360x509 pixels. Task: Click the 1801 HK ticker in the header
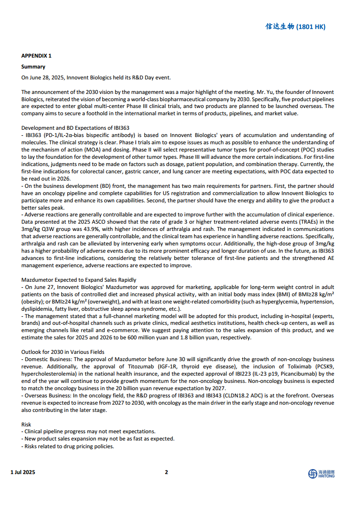pyautogui.click(x=311, y=27)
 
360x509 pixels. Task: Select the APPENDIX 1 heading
pyautogui.click(x=36, y=56)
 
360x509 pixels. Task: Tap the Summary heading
pyautogui.click(x=33, y=67)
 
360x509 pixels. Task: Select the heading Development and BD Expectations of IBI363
pyautogui.click(x=75, y=128)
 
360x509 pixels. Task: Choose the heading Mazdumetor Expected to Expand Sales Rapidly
pyautogui.click(x=79, y=280)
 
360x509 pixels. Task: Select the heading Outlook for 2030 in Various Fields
pyautogui.click(x=63, y=352)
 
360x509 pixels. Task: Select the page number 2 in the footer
pyautogui.click(x=166, y=472)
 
